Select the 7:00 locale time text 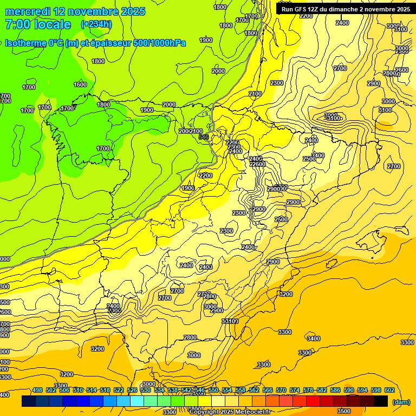point(38,24)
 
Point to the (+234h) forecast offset point(97,24)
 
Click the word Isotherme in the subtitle point(25,43)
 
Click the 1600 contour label point(80,84)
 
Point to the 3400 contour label point(313,339)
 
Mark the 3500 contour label point(343,411)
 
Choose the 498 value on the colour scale point(37,390)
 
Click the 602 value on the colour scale point(389,390)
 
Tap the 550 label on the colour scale point(213,390)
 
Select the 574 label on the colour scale point(295,390)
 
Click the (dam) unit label point(401,401)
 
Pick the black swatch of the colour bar point(381,401)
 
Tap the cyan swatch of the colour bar point(137,401)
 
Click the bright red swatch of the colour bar point(313,401)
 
